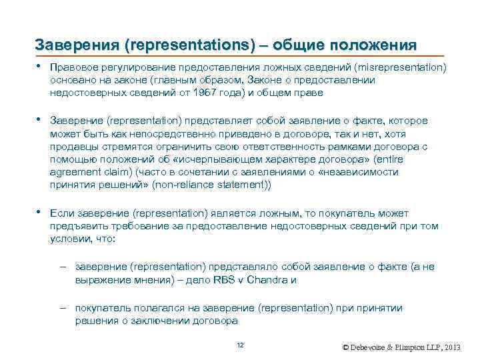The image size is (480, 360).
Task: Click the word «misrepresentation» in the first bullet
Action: [401, 67]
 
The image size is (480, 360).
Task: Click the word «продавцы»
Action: [73, 146]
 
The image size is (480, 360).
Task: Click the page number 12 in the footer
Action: [241, 344]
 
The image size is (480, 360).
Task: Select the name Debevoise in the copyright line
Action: [369, 348]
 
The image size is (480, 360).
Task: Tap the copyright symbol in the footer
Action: [345, 348]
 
